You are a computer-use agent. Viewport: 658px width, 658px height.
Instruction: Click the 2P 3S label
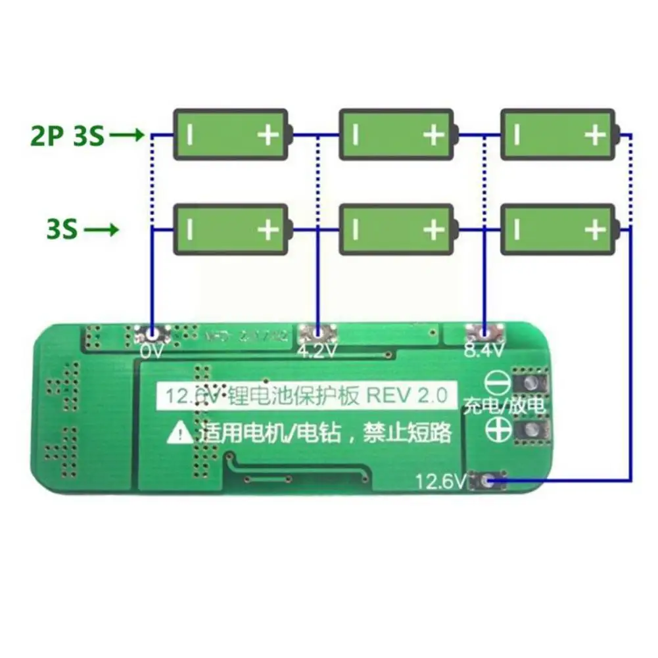point(67,137)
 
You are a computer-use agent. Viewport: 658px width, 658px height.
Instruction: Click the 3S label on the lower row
point(62,230)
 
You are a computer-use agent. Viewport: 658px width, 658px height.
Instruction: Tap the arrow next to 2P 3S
point(127,137)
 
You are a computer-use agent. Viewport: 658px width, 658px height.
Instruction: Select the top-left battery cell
point(231,135)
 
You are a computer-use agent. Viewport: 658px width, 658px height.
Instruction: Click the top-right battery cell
point(559,135)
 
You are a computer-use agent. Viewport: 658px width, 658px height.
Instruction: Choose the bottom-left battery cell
point(231,229)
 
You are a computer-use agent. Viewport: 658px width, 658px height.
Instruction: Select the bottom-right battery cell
point(559,229)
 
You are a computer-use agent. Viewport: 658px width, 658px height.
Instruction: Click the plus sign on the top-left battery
point(268,135)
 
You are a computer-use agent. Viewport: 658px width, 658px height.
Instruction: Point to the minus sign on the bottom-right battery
point(517,230)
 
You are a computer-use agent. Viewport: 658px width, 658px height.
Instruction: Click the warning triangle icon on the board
point(181,433)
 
